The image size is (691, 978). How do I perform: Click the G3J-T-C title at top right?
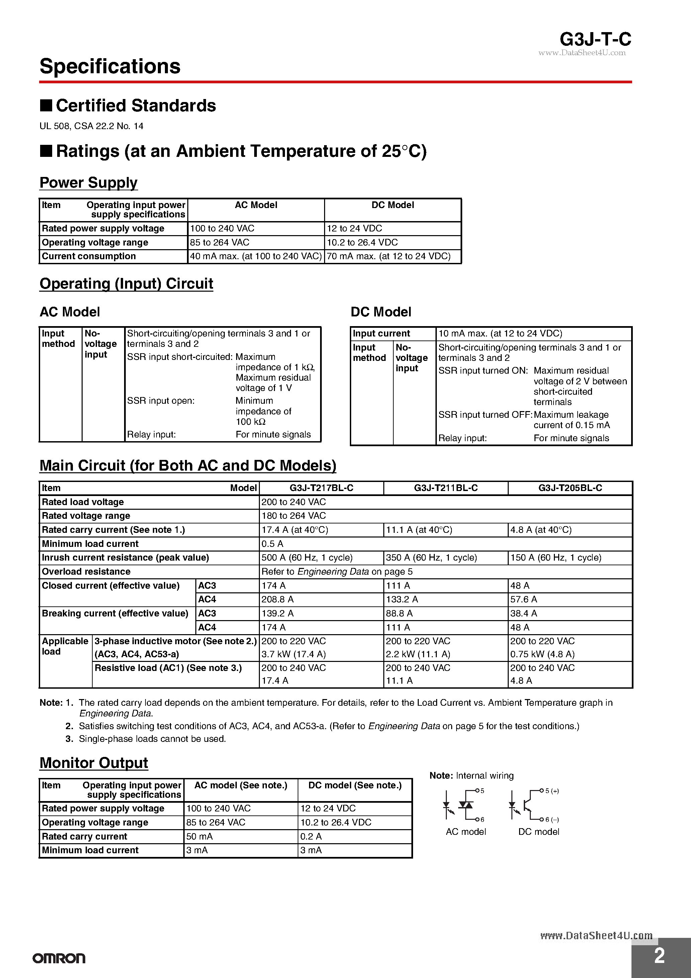tap(595, 39)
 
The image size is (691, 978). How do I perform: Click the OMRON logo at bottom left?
tap(59, 958)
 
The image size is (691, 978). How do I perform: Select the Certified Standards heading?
tap(135, 106)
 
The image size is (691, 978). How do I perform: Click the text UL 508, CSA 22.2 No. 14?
tap(91, 126)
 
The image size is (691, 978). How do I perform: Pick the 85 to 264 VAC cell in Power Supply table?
tap(219, 242)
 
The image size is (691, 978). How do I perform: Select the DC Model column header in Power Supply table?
tap(392, 205)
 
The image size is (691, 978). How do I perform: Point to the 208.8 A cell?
tap(277, 599)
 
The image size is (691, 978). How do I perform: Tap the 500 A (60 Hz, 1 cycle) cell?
tap(307, 558)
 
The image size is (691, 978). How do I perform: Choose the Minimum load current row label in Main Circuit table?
tap(90, 544)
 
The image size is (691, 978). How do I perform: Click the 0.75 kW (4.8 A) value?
tap(542, 654)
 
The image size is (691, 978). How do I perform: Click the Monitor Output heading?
tap(94, 763)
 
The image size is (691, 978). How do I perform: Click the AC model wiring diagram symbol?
tap(464, 805)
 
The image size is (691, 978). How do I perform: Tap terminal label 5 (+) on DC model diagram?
tap(552, 791)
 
